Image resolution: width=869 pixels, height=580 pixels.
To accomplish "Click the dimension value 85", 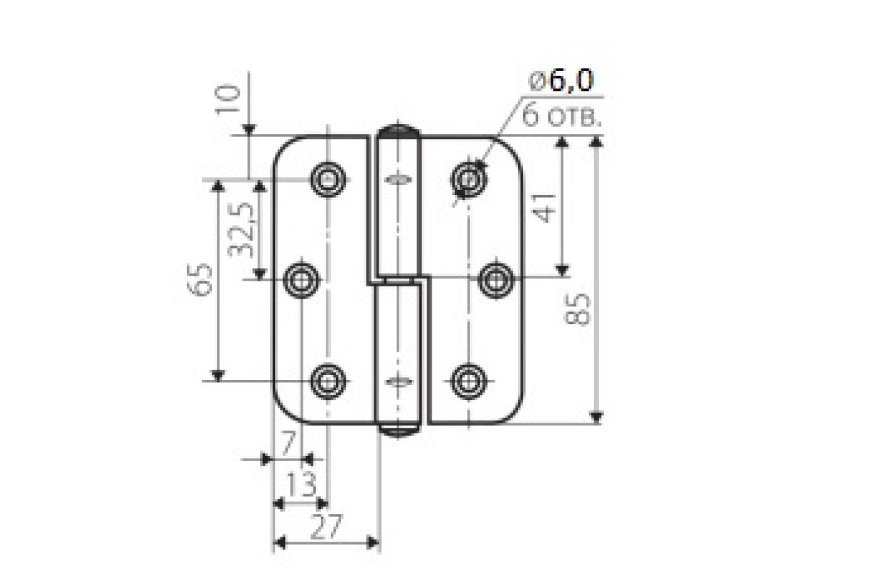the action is (577, 310).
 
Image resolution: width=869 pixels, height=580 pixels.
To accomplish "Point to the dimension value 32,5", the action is (241, 230).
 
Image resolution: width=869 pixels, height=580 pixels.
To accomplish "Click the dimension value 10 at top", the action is (227, 100).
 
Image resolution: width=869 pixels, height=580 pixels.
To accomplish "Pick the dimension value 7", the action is (288, 443).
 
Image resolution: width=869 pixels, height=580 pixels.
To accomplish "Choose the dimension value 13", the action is (301, 484).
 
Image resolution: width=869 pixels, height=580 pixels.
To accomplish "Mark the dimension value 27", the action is (327, 527).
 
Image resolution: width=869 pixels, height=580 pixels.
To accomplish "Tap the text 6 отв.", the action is (562, 115).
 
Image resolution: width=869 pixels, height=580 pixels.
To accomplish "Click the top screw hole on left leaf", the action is (328, 180).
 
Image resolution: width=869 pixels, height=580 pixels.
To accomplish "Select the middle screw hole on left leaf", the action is (301, 280).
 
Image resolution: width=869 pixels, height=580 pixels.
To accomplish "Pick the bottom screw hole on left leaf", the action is (328, 381).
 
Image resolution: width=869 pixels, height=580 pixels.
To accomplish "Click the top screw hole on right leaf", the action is (469, 180).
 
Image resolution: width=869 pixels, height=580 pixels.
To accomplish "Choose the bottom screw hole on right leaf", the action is (469, 381).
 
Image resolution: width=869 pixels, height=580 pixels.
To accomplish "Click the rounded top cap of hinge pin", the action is (398, 131).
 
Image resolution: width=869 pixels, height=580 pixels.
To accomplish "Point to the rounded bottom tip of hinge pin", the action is (398, 430).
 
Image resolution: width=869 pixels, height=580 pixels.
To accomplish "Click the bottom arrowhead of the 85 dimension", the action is (596, 417).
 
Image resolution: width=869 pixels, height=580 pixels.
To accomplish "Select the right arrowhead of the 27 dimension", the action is (373, 543).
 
